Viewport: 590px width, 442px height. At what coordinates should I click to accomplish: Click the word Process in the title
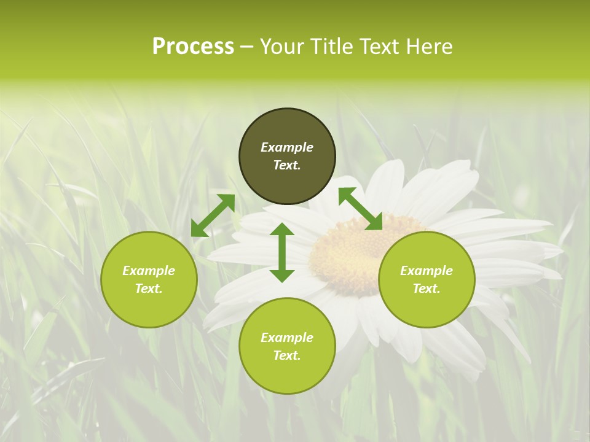coord(193,47)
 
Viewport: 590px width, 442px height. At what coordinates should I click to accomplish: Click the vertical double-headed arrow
coord(282,252)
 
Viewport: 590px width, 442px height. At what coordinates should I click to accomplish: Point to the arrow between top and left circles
coord(213,215)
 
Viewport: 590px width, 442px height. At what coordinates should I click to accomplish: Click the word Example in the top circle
coord(287,147)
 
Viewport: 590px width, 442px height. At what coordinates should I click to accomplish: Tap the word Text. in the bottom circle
coord(287,355)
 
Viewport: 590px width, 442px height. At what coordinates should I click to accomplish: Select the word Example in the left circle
coord(149,271)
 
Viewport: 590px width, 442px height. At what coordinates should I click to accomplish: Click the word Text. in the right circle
coord(427,289)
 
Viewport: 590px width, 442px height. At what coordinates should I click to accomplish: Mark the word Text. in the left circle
coord(149,289)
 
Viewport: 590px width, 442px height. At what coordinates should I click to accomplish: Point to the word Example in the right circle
coord(427,271)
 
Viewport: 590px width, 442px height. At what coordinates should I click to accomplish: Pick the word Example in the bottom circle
coord(287,338)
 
